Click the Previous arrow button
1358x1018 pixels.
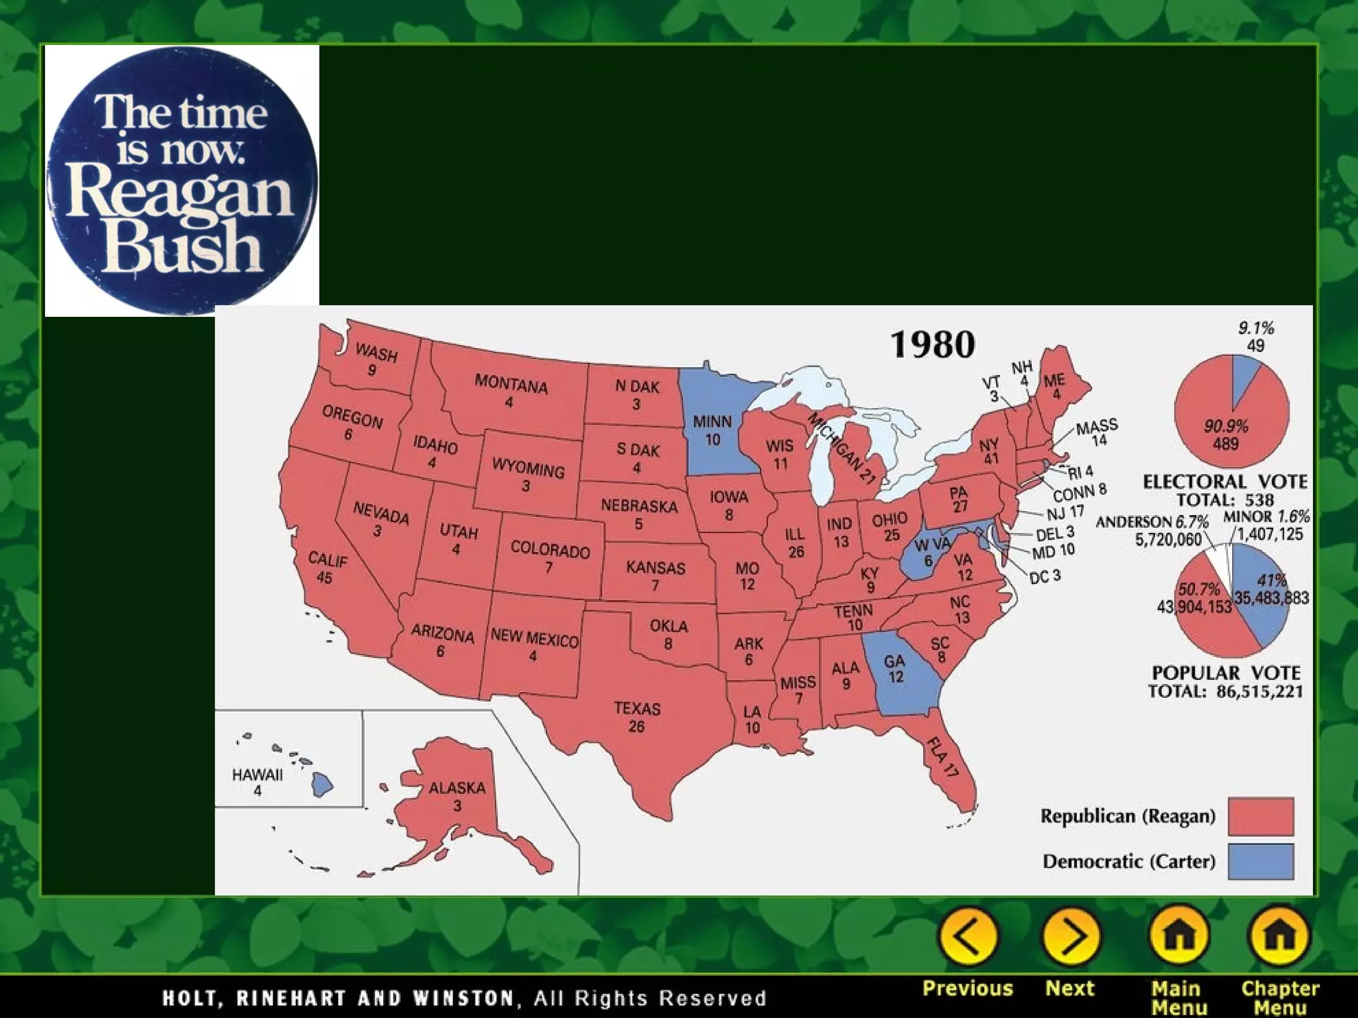click(967, 936)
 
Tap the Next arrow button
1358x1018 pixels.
click(1070, 936)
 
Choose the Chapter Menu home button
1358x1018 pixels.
click(1280, 936)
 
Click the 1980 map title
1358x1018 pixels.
click(932, 345)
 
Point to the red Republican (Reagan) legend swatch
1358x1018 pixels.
click(1261, 816)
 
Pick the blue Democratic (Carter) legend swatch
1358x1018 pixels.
click(1261, 861)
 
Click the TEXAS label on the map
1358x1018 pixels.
click(637, 709)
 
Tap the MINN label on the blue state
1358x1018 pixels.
click(712, 422)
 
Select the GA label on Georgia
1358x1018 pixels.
click(895, 661)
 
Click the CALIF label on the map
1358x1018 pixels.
click(328, 561)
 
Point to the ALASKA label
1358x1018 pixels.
click(458, 788)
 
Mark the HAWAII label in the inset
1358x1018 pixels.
click(257, 775)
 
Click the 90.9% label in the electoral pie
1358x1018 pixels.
click(1226, 426)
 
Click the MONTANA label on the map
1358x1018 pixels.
click(511, 384)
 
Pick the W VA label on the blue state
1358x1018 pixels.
click(932, 545)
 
